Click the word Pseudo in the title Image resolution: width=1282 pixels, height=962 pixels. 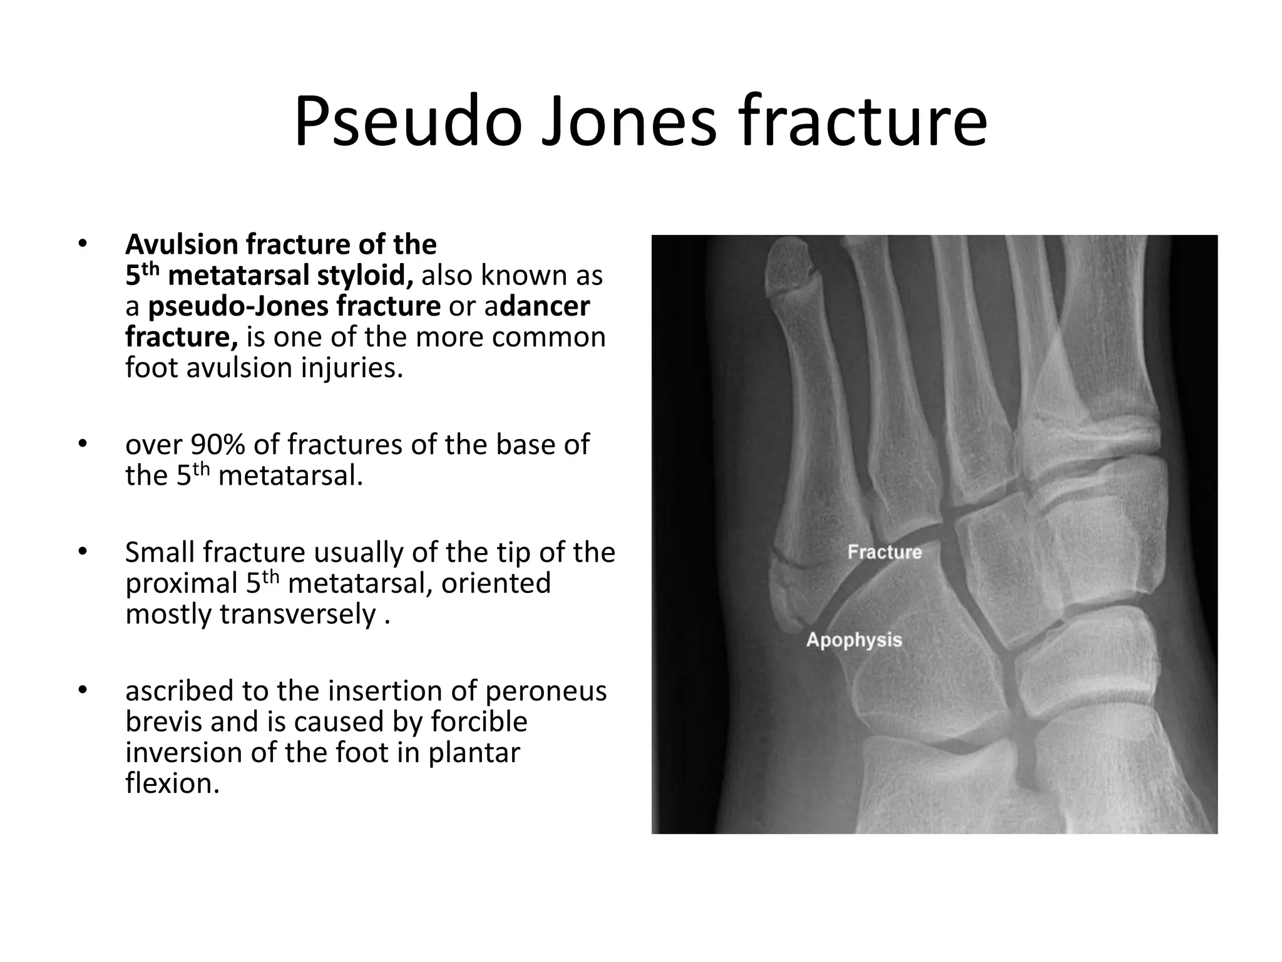408,123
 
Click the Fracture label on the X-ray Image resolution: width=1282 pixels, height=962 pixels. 884,552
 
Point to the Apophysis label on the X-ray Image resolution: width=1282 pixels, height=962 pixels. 854,639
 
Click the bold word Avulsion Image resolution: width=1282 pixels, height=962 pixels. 182,244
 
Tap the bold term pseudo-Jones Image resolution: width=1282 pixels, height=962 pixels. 294,306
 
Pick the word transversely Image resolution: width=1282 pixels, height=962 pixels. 297,614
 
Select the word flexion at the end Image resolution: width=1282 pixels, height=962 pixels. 172,783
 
